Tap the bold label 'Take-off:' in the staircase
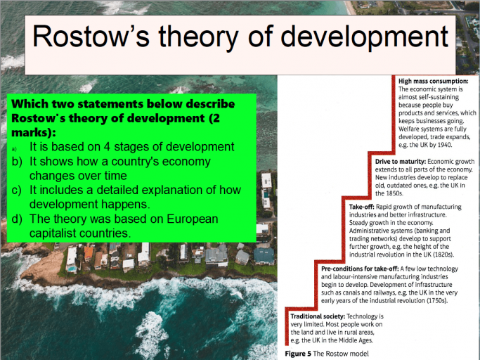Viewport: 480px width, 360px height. pyautogui.click(x=365, y=207)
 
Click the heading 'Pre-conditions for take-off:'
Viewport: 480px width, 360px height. pyautogui.click(x=361, y=269)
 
